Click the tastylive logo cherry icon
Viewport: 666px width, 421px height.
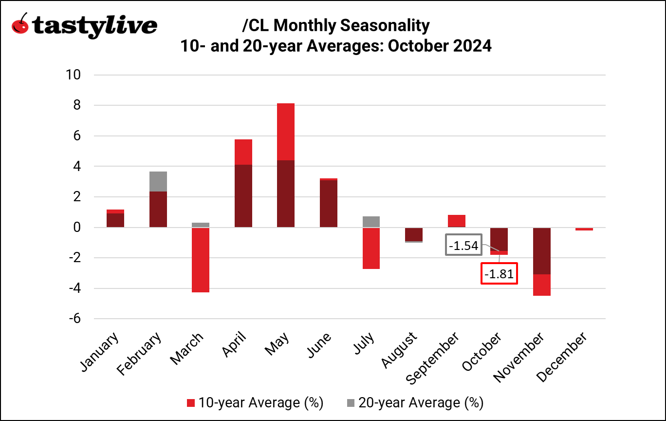(20, 24)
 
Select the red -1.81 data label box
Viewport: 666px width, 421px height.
(499, 274)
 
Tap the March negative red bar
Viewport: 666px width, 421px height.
(201, 260)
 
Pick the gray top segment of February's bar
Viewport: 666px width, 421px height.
(158, 181)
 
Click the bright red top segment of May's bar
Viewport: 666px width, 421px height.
(286, 132)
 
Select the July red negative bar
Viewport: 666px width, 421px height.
(371, 248)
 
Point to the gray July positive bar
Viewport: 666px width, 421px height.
(371, 222)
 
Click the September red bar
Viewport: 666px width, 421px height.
(456, 221)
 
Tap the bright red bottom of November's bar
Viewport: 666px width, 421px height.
(541, 285)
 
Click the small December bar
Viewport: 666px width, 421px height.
(584, 229)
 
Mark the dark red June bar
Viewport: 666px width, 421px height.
(328, 204)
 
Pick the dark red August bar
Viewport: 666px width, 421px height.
(413, 234)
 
